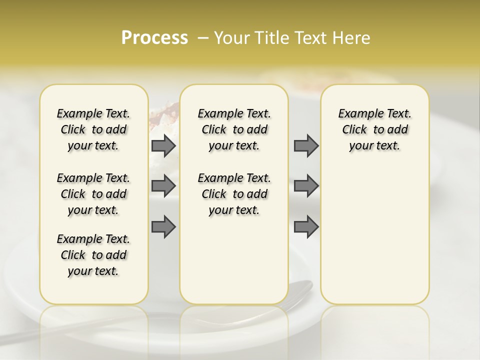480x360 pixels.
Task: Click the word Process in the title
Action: tap(154, 38)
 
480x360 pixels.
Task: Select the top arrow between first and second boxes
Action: tap(163, 145)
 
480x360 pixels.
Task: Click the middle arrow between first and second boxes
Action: tap(163, 186)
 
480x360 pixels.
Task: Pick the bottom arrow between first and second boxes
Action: tap(163, 226)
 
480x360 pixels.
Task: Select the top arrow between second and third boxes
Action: tap(306, 145)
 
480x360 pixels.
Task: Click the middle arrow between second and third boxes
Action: tap(306, 186)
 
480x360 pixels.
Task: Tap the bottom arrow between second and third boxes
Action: tap(306, 226)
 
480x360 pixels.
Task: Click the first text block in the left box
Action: tap(93, 129)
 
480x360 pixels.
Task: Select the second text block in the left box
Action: tap(93, 194)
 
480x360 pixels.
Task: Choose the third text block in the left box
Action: tap(93, 255)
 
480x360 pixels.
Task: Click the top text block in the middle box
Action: tap(234, 129)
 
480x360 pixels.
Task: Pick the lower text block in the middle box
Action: tap(234, 194)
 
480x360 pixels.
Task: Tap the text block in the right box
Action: tap(374, 129)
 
